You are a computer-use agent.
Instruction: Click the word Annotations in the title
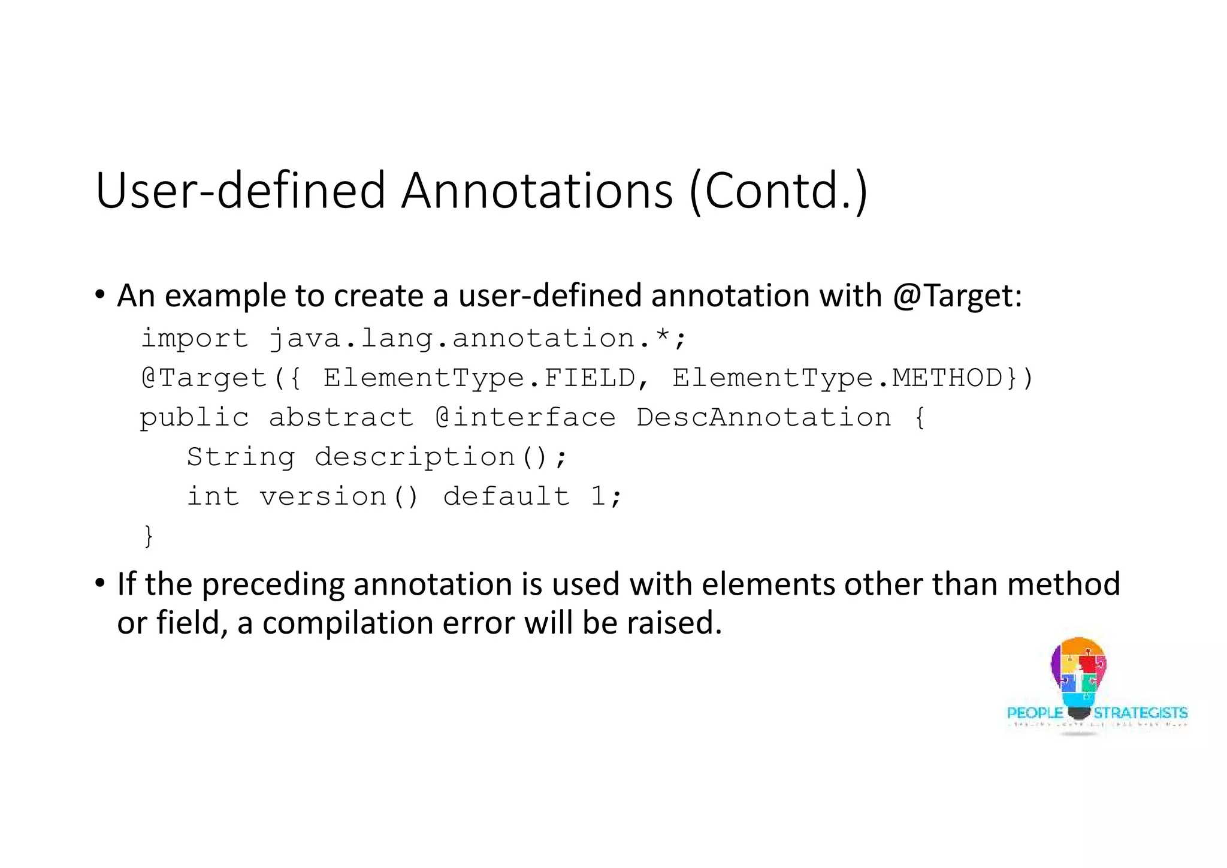[x=537, y=191]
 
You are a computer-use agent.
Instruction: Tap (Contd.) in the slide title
[x=778, y=191]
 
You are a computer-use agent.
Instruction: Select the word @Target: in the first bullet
[x=957, y=296]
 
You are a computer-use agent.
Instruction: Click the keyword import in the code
[x=194, y=339]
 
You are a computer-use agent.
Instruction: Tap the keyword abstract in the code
[x=341, y=418]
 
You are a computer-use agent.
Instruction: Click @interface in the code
[x=525, y=418]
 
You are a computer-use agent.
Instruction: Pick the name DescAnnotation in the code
[x=763, y=418]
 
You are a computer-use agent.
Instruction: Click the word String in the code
[x=241, y=457]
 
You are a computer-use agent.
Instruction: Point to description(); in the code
[x=440, y=457]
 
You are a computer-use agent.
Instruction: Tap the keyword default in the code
[x=506, y=497]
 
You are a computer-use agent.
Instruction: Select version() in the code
[x=339, y=497]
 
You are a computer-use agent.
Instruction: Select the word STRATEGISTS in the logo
[x=1140, y=713]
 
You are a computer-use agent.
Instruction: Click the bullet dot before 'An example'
[x=100, y=295]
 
